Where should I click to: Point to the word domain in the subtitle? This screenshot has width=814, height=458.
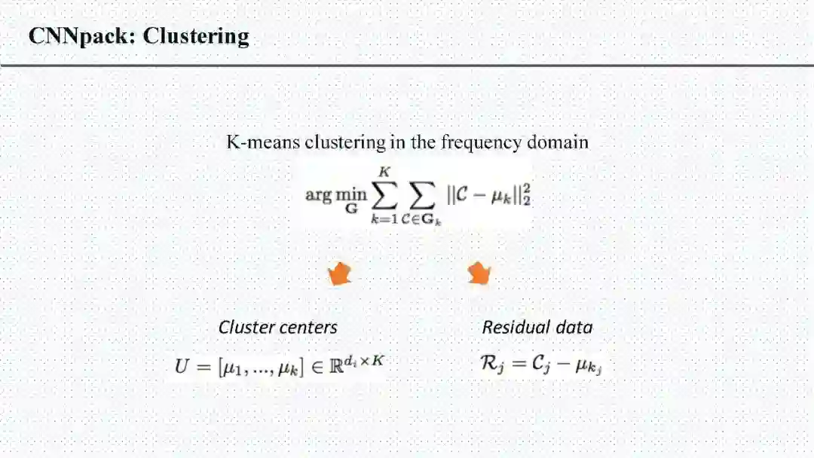coord(557,142)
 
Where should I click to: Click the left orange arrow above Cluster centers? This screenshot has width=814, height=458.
coord(340,274)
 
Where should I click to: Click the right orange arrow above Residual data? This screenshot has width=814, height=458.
coord(479,274)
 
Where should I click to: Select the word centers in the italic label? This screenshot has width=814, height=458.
coord(309,328)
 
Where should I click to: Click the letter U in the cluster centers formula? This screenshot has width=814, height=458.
coord(182,366)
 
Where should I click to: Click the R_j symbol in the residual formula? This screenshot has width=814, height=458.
coord(491,365)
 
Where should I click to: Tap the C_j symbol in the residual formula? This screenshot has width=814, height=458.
coord(537,365)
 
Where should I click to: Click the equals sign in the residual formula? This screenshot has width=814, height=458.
coord(514,365)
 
